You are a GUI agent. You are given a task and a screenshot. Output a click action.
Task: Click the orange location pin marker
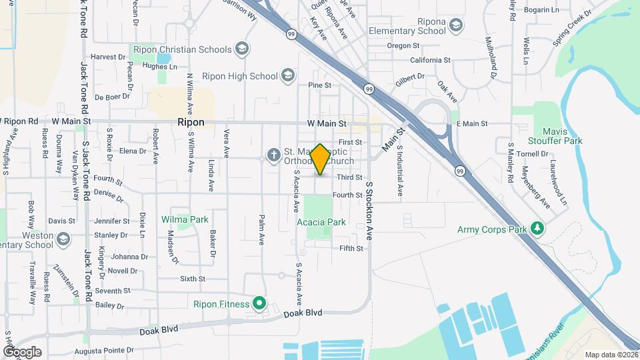(x=320, y=160)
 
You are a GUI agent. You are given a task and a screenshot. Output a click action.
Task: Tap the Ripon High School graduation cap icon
(x=288, y=74)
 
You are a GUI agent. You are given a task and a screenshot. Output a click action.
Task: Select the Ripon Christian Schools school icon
(x=242, y=49)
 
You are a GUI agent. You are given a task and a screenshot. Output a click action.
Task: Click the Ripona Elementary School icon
(x=456, y=26)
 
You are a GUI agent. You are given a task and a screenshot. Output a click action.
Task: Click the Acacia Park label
(x=325, y=222)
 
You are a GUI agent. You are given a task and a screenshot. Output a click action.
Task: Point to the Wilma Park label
(x=185, y=219)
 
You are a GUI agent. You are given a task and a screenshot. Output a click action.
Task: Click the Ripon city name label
(x=191, y=123)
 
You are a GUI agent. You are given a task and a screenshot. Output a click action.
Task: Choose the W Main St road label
(x=327, y=123)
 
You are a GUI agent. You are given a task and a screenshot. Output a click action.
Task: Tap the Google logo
(x=22, y=351)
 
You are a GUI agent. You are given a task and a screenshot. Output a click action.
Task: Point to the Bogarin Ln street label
(x=541, y=10)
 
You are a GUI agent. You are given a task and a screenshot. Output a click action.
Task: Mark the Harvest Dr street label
(x=108, y=57)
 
